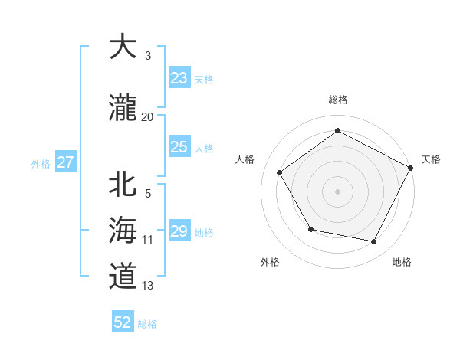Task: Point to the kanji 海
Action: (123, 229)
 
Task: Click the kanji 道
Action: (123, 275)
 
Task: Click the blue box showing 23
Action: (179, 78)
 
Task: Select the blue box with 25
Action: (179, 147)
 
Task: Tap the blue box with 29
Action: (179, 231)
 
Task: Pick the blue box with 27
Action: (65, 162)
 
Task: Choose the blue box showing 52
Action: (123, 322)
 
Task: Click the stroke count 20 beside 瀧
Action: (148, 116)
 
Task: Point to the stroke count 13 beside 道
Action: (148, 286)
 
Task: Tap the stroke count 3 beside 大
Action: (148, 56)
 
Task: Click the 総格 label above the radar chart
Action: (338, 100)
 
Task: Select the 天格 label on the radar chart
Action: (431, 159)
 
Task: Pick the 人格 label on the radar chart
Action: (245, 159)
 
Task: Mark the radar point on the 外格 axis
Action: (310, 229)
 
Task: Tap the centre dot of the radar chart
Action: (338, 191)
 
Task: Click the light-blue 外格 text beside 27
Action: (41, 163)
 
